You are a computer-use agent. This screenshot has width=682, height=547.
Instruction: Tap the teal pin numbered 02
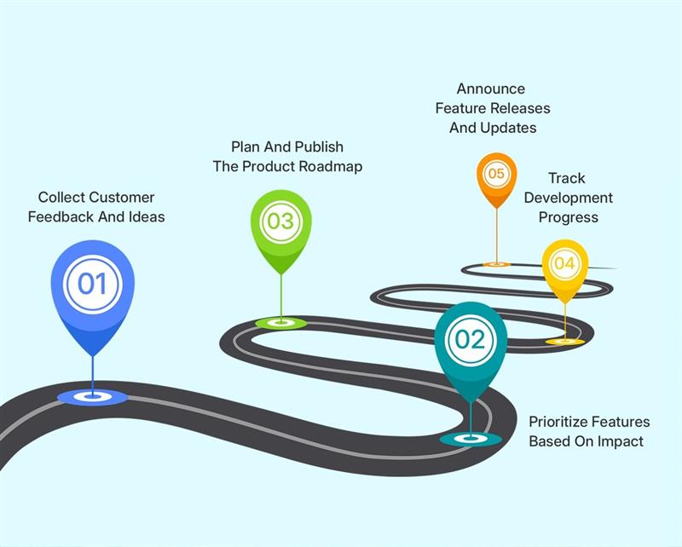point(470,340)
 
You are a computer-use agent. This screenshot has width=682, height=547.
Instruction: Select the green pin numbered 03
point(280,222)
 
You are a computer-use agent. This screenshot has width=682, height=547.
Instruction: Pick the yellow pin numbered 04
point(564,264)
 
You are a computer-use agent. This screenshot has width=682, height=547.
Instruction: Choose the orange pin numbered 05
point(496,174)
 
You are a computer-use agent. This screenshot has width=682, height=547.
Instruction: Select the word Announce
point(491,89)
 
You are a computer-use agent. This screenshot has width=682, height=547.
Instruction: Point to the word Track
point(567,178)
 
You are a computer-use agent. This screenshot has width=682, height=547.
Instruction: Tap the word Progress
point(568,217)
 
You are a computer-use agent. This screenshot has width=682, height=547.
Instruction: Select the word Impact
point(621,441)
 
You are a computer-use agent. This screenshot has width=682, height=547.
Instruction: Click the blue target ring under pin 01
point(92,396)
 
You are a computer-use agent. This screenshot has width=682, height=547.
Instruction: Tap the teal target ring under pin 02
point(471,439)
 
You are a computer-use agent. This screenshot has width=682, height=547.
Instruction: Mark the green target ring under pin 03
point(280,323)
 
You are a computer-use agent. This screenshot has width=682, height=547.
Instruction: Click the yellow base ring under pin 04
point(564,342)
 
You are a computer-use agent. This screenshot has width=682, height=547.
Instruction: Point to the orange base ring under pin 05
point(496,265)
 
